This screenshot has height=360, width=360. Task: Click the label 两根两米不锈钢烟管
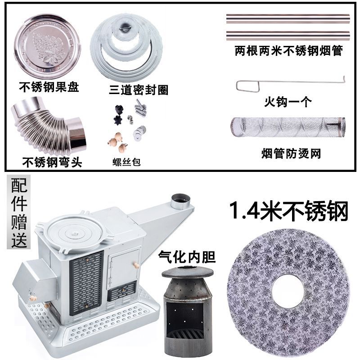[x=288, y=51]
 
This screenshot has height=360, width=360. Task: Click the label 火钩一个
[x=288, y=102]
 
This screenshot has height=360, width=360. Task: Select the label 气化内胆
[x=187, y=257]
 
